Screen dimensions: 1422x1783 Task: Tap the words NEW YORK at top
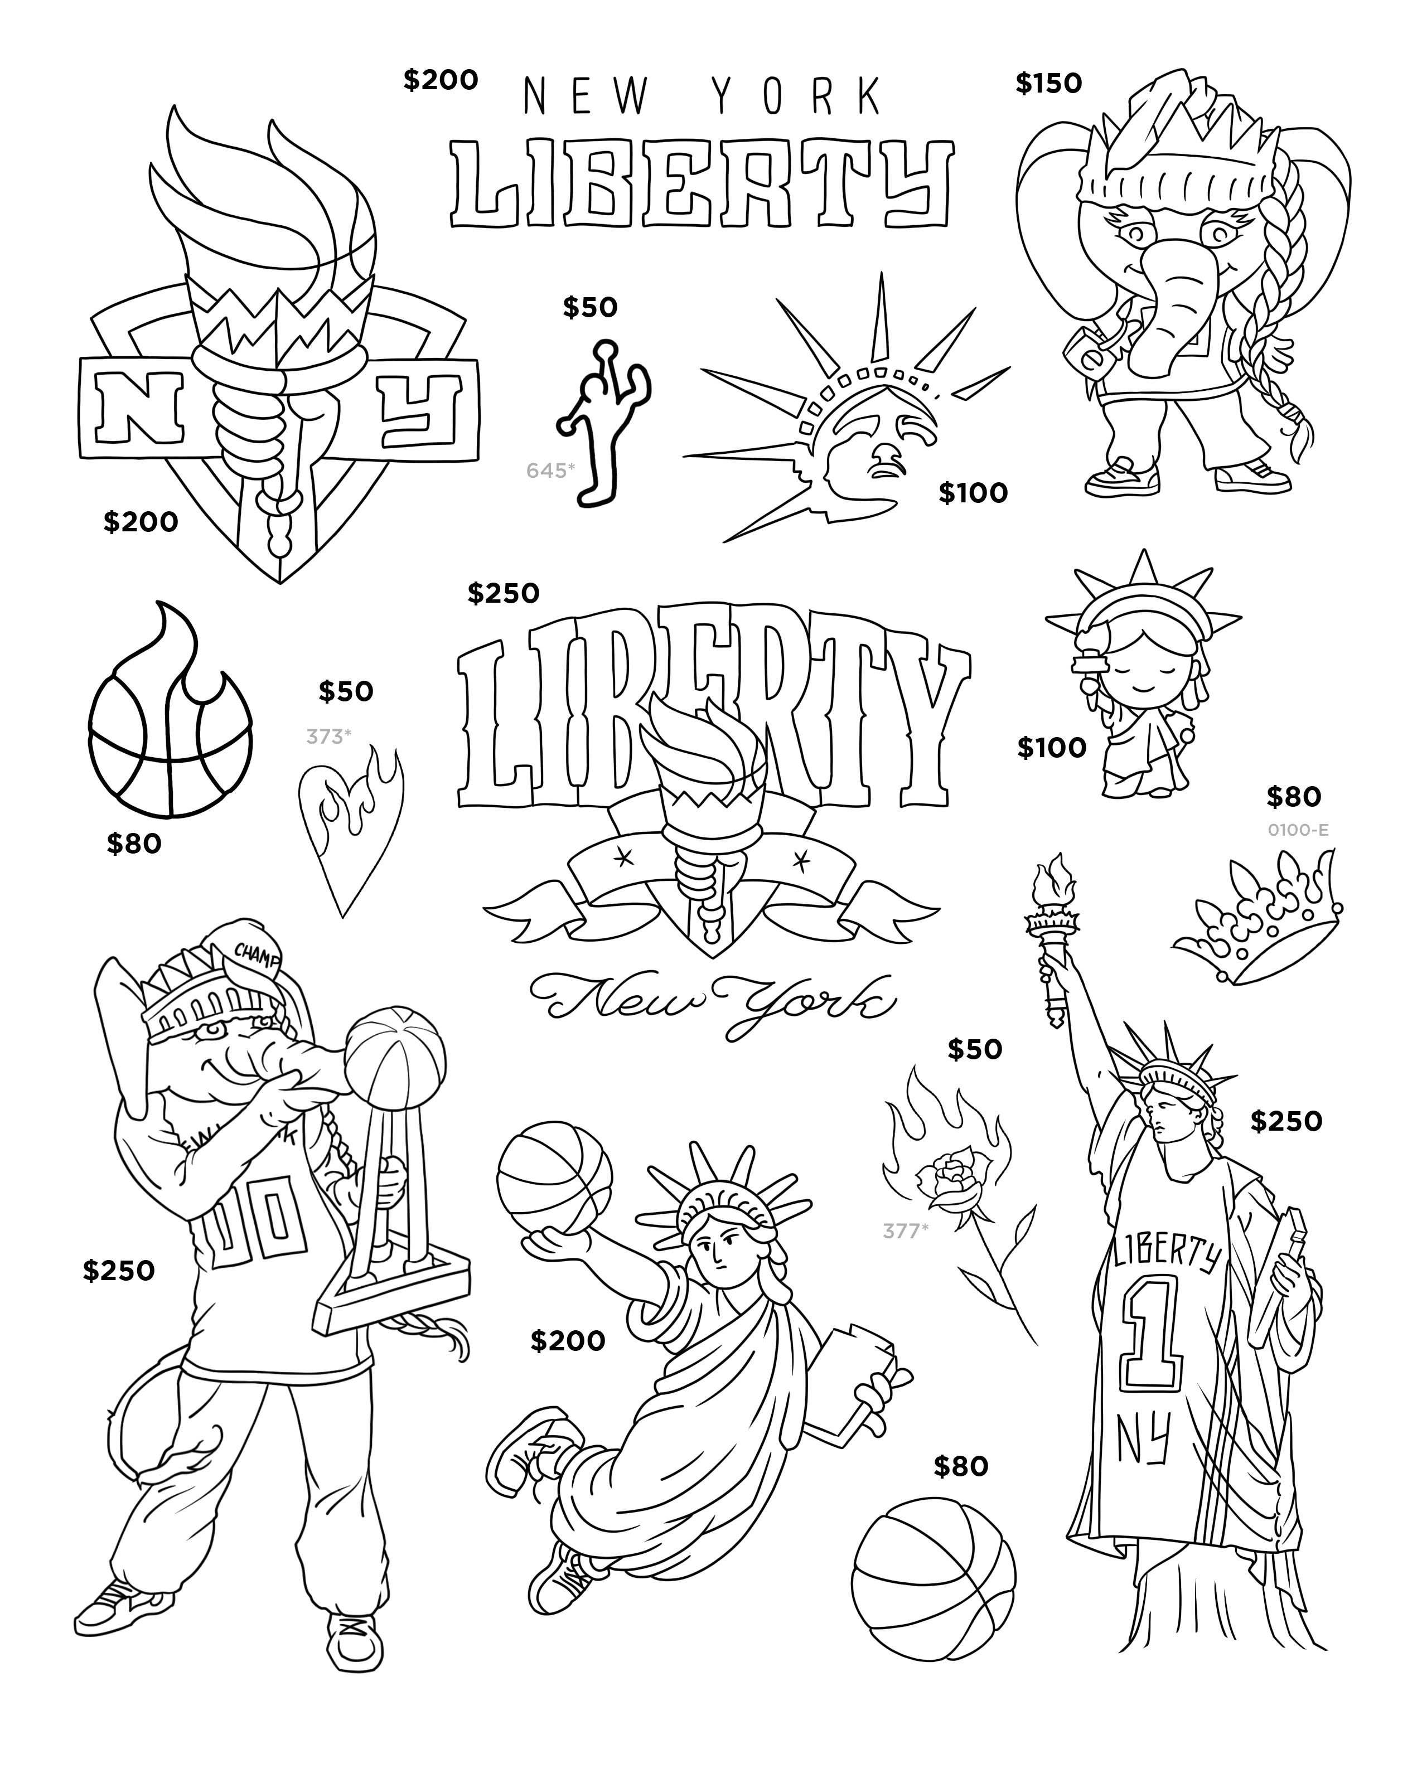coord(703,97)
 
